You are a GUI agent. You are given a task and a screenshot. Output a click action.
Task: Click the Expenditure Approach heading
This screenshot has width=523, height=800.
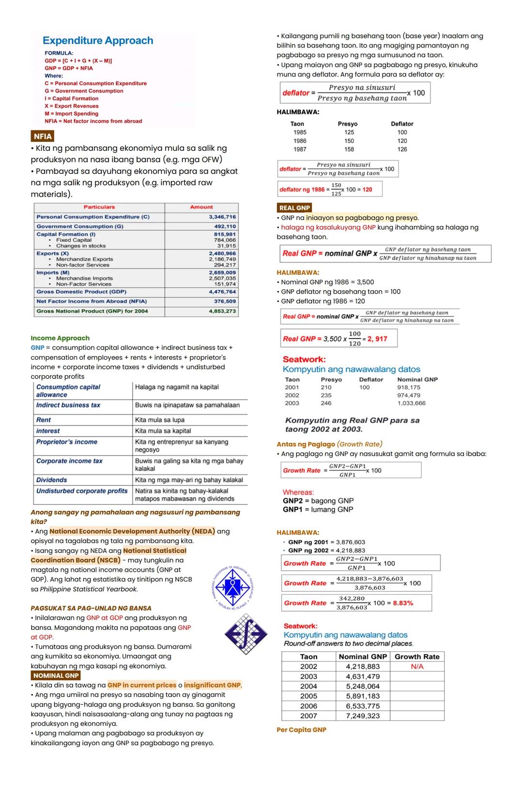pos(98,41)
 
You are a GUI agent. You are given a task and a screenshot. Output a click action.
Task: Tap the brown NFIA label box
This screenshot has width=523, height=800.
pos(42,136)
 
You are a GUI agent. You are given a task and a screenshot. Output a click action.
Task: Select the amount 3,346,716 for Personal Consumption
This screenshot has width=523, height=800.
pos(222,217)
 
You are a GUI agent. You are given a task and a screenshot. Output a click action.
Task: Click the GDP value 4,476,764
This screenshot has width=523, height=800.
pos(222,292)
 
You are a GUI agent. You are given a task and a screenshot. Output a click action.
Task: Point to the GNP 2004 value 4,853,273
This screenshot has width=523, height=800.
pos(222,311)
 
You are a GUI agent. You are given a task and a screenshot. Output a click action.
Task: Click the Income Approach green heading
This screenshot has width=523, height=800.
pos(60,338)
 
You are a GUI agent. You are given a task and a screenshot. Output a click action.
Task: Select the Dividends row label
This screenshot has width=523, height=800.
pos(52,480)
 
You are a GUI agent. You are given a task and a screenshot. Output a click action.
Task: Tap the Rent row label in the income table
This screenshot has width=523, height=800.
pos(44,420)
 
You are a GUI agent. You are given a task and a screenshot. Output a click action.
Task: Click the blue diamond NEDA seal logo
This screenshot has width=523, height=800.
pos(233,586)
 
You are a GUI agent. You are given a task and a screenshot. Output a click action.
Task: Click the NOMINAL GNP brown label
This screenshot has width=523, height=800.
pos(56,675)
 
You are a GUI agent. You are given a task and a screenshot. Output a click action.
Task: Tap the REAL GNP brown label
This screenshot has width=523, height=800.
pos(294,208)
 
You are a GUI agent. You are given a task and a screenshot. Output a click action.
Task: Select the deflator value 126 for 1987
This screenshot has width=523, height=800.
pos(402,149)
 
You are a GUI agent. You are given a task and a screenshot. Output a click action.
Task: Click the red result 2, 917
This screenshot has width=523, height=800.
pos(377,339)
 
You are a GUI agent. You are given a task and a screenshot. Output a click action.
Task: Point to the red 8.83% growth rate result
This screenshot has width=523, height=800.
pos(403,603)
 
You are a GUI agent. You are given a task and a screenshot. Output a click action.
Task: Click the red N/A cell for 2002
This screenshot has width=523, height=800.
pos(417,667)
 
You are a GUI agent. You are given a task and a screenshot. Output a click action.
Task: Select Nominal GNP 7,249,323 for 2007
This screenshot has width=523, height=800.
pos(363,716)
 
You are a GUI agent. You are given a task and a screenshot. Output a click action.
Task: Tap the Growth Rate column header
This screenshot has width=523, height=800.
pos(417,657)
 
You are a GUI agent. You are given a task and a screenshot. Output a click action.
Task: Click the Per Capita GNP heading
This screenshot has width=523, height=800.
pos(301,730)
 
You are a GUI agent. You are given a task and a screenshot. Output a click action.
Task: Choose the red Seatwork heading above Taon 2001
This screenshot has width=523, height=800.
pos(304,360)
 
